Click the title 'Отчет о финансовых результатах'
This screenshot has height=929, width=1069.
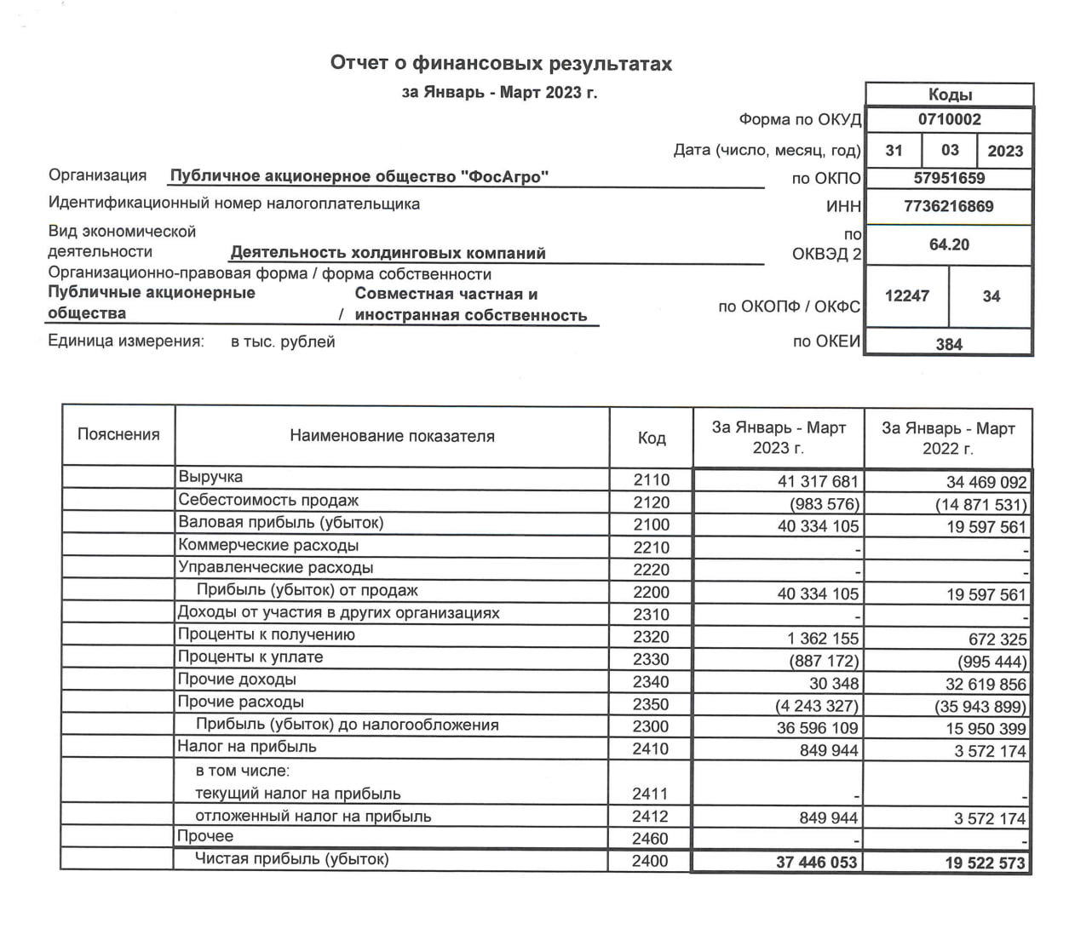tap(501, 64)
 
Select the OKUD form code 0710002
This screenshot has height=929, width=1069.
tap(949, 120)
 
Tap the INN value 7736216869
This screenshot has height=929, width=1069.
tap(949, 206)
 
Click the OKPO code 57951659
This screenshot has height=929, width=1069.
tap(949, 178)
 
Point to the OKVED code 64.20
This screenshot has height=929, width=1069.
tap(949, 244)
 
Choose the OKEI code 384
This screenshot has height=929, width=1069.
tap(949, 344)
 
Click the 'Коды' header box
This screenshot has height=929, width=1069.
tap(949, 95)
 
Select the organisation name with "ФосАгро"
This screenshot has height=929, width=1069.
tap(359, 177)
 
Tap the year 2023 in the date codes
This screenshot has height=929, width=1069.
tap(1005, 151)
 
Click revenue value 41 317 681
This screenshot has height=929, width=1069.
tap(818, 481)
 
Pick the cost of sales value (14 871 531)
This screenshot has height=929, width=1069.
tap(981, 504)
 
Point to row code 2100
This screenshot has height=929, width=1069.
tap(651, 525)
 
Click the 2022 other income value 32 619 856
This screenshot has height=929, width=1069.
tap(986, 684)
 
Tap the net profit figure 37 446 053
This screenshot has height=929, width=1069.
tap(816, 863)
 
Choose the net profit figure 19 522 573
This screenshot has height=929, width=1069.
tap(985, 863)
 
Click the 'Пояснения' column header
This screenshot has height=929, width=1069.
tap(118, 435)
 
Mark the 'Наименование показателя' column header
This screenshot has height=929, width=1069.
tap(392, 436)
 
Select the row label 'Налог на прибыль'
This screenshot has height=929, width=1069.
tap(247, 747)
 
